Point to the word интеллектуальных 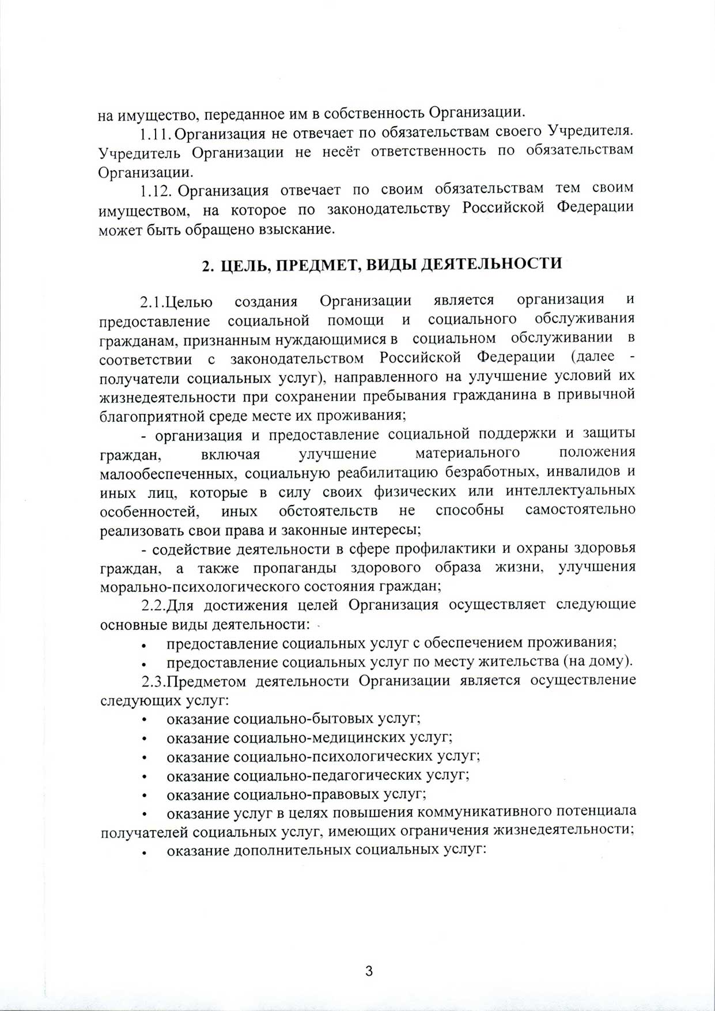click(x=570, y=492)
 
